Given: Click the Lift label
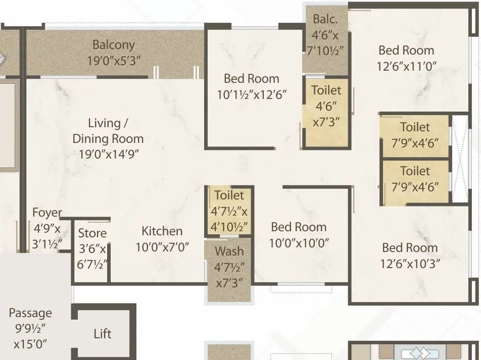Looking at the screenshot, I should pyautogui.click(x=103, y=334).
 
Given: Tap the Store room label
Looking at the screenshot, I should pyautogui.click(x=92, y=233).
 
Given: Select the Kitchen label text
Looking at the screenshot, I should pyautogui.click(x=162, y=231).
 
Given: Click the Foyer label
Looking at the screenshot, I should pyautogui.click(x=47, y=213).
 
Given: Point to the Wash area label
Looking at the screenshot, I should pyautogui.click(x=229, y=251).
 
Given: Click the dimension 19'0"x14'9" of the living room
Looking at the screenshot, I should pyautogui.click(x=109, y=155).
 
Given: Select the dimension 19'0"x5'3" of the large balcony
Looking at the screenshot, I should pyautogui.click(x=114, y=60).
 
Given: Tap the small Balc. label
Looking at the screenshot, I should pyautogui.click(x=325, y=19).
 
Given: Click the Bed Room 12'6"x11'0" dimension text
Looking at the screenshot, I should pyautogui.click(x=407, y=66).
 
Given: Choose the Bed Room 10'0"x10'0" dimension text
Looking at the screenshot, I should pyautogui.click(x=299, y=243).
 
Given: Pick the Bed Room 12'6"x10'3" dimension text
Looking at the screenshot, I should pyautogui.click(x=410, y=264).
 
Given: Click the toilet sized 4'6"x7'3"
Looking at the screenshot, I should pyautogui.click(x=326, y=106).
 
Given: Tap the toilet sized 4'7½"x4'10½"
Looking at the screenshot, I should pyautogui.click(x=229, y=211).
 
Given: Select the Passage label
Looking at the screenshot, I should pyautogui.click(x=30, y=313).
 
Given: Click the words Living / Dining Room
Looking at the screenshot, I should pyautogui.click(x=108, y=131).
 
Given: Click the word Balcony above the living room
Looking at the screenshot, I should pyautogui.click(x=114, y=44).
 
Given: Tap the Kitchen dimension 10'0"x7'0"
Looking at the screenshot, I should pyautogui.click(x=162, y=247).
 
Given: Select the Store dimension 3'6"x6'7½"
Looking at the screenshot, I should pyautogui.click(x=92, y=256).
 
